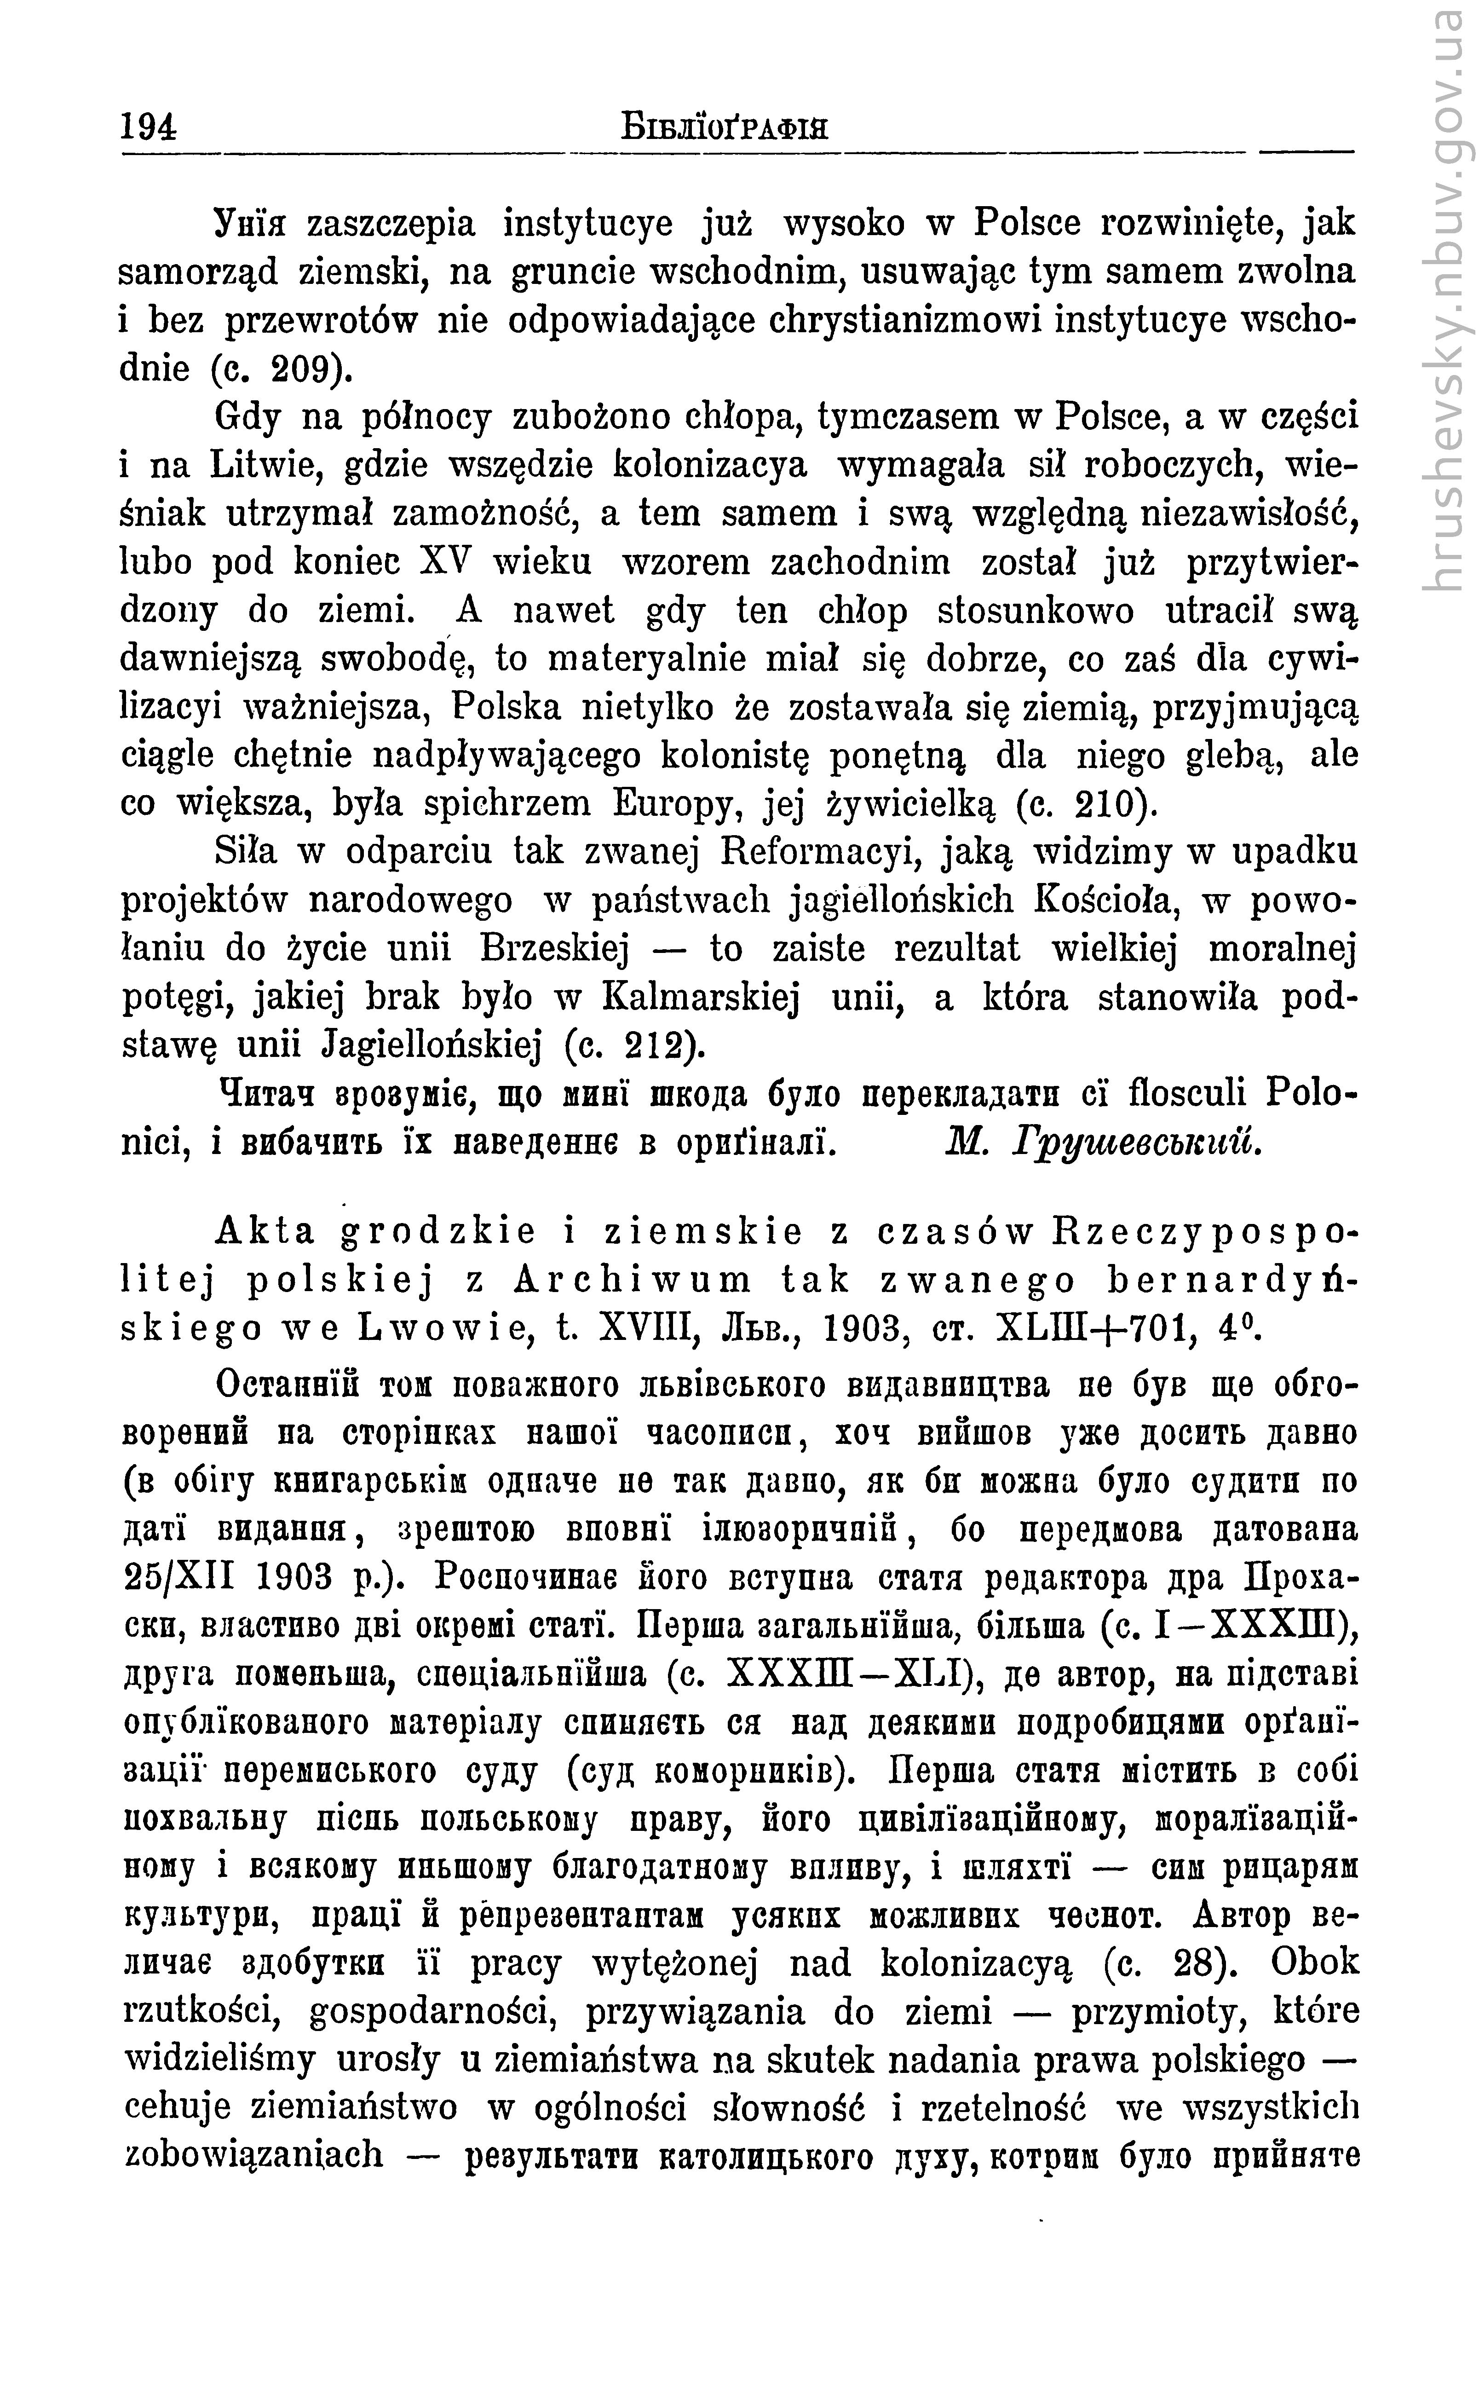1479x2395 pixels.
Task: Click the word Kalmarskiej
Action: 702,997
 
